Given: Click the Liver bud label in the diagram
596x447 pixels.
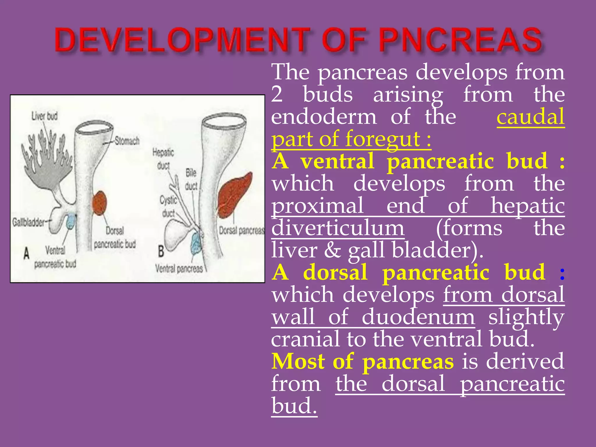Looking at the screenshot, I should pyautogui.click(x=45, y=116).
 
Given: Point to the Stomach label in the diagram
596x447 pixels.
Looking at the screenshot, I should pyautogui.click(x=127, y=141).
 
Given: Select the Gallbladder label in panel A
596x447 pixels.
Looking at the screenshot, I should pyautogui.click(x=29, y=223).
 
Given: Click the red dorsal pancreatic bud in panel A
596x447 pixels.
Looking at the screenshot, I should pyautogui.click(x=100, y=203).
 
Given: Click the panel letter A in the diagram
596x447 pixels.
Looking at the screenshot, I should pyautogui.click(x=26, y=253).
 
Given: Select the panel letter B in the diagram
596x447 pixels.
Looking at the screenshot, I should pyautogui.click(x=161, y=251).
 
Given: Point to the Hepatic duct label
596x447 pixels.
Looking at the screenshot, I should pyautogui.click(x=163, y=159).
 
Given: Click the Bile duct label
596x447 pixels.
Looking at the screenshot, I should pyautogui.click(x=191, y=179).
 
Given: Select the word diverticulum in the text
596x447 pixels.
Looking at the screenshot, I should pyautogui.click(x=338, y=228).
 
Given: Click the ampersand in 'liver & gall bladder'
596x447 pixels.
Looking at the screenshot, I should pyautogui.click(x=332, y=250).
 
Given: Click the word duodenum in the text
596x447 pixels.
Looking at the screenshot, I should pyautogui.click(x=418, y=317).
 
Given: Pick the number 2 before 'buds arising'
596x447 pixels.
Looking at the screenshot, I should pyautogui.click(x=277, y=95).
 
